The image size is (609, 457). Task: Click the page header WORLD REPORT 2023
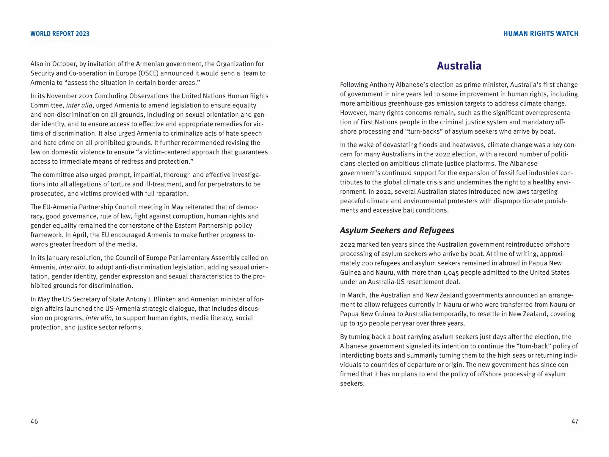click(60, 34)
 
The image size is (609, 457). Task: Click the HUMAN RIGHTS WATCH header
click(541, 34)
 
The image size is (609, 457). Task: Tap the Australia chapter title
click(459, 66)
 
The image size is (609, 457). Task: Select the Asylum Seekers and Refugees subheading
click(397, 230)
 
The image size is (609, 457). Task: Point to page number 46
click(34, 421)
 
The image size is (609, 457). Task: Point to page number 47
click(575, 421)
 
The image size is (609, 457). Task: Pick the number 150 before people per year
click(362, 323)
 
